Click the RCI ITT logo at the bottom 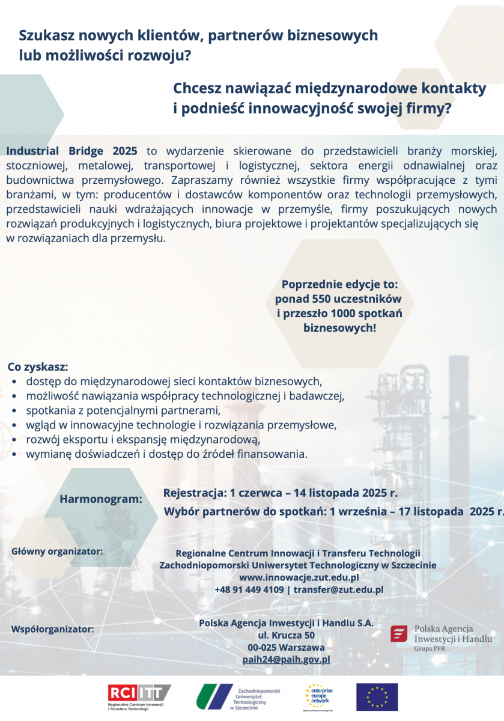coord(139,697)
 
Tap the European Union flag coord(377,697)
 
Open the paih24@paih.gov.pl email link coord(286,660)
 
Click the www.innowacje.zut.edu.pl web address coord(299,577)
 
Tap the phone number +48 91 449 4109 coord(249,589)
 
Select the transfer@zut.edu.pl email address coord(338,589)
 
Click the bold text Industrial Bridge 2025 coord(72,150)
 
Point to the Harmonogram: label coord(100,499)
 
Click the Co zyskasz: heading coord(37,367)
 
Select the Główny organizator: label coord(57,550)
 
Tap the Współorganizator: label coord(53,630)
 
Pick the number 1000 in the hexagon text coord(342,314)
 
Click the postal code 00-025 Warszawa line coord(286,648)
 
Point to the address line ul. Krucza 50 coord(286,635)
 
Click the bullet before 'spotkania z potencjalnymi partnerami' coord(14,412)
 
